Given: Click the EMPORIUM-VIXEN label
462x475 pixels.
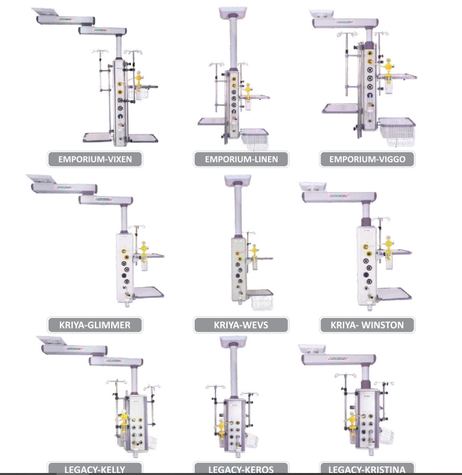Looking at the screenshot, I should click(x=95, y=160).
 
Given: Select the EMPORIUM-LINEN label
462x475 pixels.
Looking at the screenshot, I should click(x=241, y=160).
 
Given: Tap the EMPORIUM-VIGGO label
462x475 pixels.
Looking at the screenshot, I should click(x=368, y=160).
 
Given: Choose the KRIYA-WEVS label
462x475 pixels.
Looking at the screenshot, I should click(x=241, y=325).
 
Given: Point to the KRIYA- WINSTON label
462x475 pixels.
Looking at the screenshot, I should click(x=368, y=325).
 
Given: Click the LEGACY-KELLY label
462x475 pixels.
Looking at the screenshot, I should click(x=95, y=468).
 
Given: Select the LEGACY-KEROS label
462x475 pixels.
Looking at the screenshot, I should click(x=241, y=468).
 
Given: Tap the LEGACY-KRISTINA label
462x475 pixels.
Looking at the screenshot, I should click(x=368, y=468).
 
